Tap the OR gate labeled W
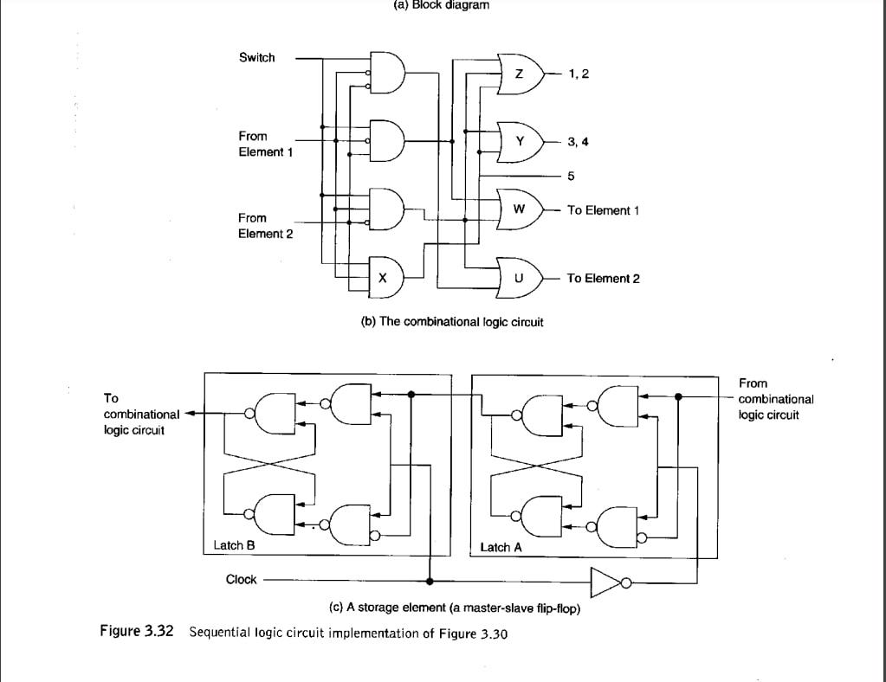(x=520, y=209)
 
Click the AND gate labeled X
(x=385, y=277)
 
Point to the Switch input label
(x=256, y=58)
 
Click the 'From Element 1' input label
(x=265, y=144)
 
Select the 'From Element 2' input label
(x=265, y=226)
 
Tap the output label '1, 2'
(x=579, y=74)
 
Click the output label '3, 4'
(x=578, y=141)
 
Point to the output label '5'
(x=571, y=176)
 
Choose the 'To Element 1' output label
(x=603, y=210)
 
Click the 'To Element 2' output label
(x=603, y=278)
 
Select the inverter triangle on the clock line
(x=603, y=582)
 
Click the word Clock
(x=241, y=580)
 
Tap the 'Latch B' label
(x=234, y=546)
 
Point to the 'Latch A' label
(x=501, y=547)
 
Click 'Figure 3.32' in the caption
(x=137, y=632)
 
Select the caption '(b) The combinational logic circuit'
(x=451, y=322)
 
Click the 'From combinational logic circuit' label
(x=775, y=399)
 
